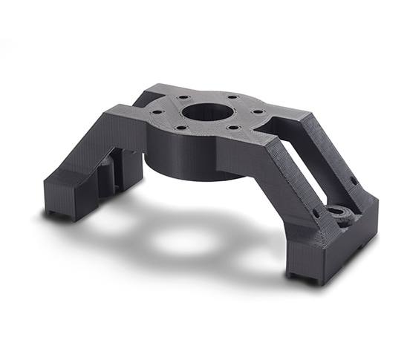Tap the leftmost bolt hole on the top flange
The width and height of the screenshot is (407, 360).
click(157, 113)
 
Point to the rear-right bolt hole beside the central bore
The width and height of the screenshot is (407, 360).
click(232, 97)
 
